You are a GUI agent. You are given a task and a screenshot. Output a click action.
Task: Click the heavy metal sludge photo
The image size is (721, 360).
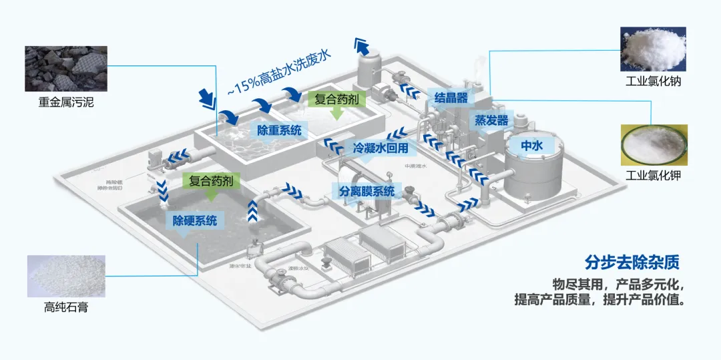pos(65,68)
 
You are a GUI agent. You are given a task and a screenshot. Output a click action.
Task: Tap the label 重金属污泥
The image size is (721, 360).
pos(65,104)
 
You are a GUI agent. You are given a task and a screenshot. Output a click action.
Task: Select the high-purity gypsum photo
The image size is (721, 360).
pos(65,276)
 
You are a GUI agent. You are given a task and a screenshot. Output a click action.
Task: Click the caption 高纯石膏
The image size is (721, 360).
pos(65,308)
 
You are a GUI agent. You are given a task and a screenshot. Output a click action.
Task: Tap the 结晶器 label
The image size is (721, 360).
pos(450,98)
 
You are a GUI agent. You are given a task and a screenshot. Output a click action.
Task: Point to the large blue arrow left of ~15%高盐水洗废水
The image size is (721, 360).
pos(208,98)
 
